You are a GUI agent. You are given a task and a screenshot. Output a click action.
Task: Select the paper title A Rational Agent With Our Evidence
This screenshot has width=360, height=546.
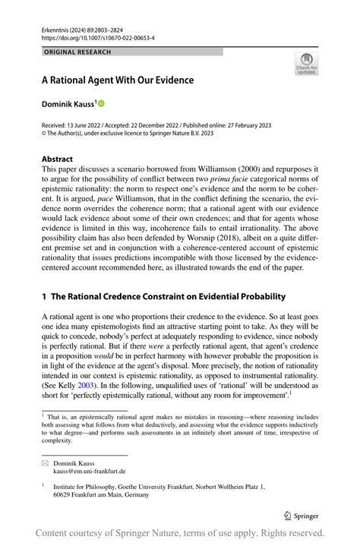[118, 80]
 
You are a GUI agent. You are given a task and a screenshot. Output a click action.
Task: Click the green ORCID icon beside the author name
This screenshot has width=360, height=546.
[100, 103]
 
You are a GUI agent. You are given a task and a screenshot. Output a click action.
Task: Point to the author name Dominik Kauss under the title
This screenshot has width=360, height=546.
[67, 103]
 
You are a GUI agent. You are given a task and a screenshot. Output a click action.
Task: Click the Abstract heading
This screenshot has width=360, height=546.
[58, 159]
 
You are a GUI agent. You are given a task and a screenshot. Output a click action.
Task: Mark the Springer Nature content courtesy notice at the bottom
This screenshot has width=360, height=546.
[180, 533]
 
